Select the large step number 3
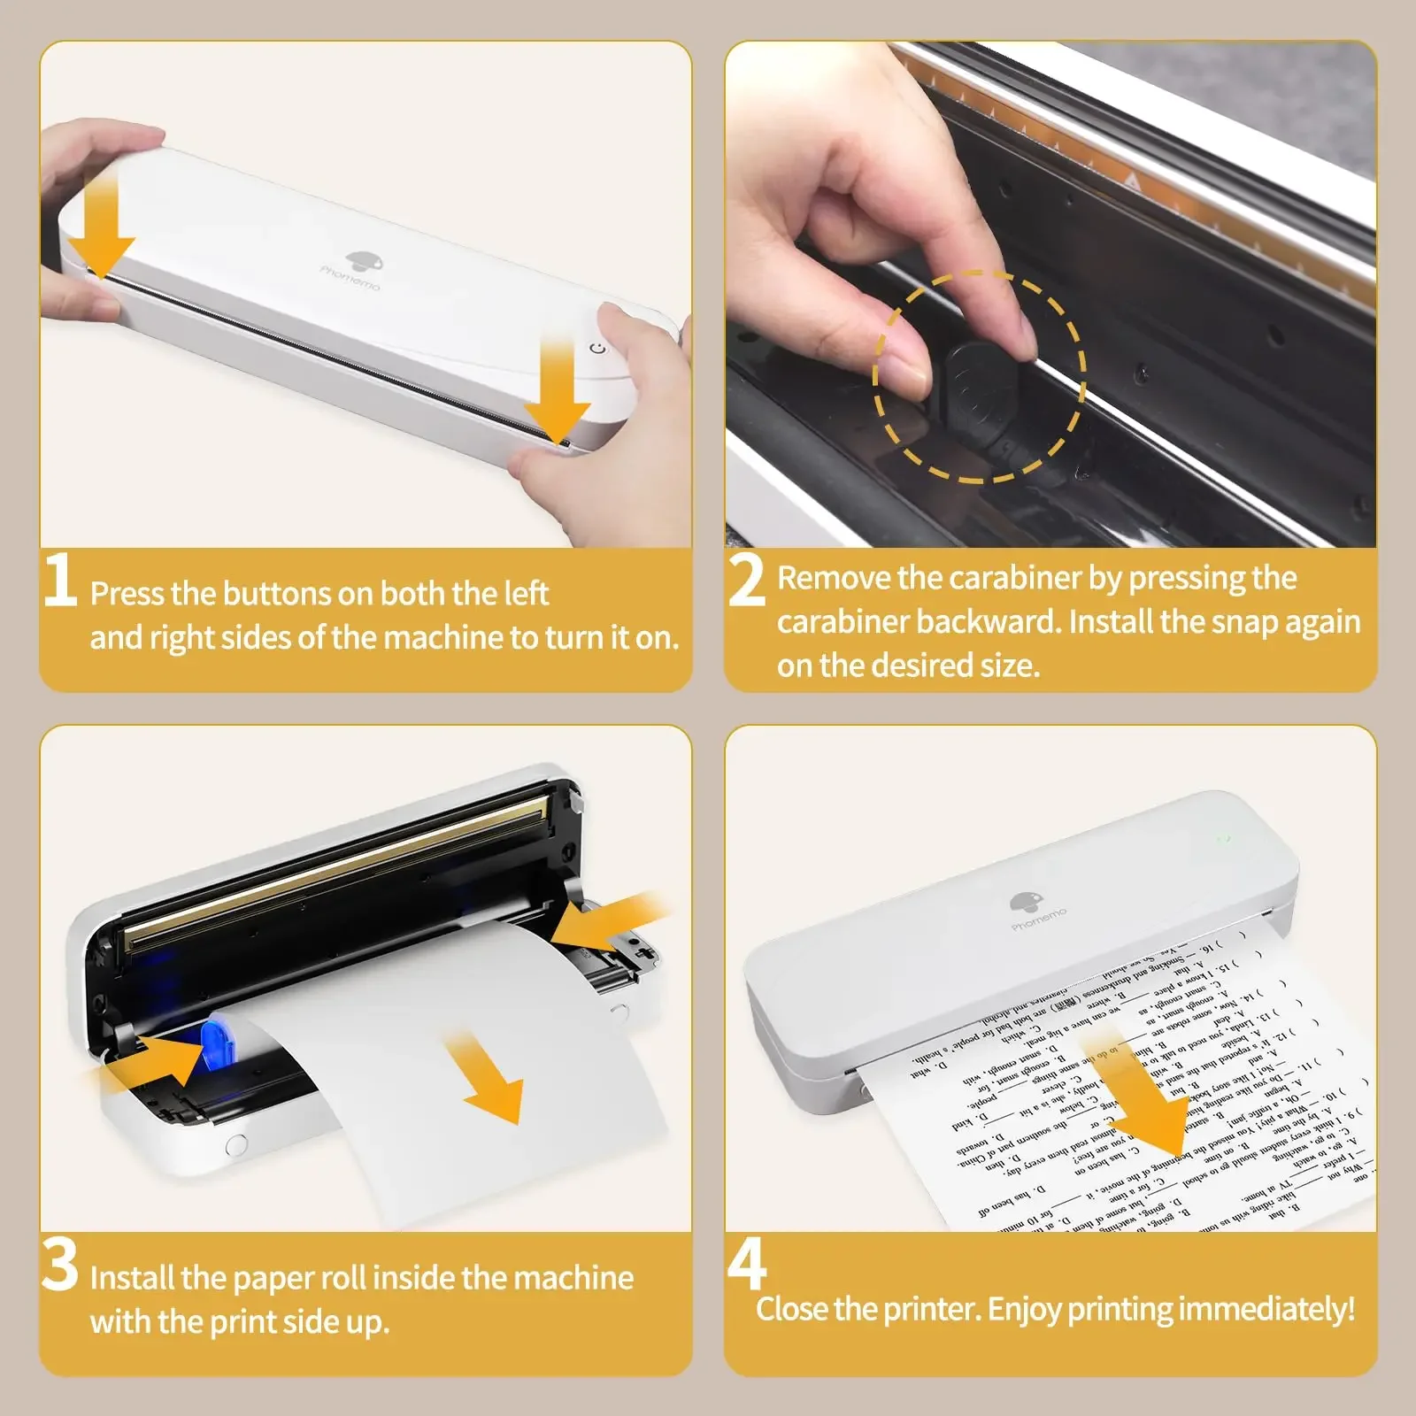coord(60,1266)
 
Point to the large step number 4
coord(746,1266)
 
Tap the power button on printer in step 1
coord(599,348)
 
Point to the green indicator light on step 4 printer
coord(1225,838)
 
